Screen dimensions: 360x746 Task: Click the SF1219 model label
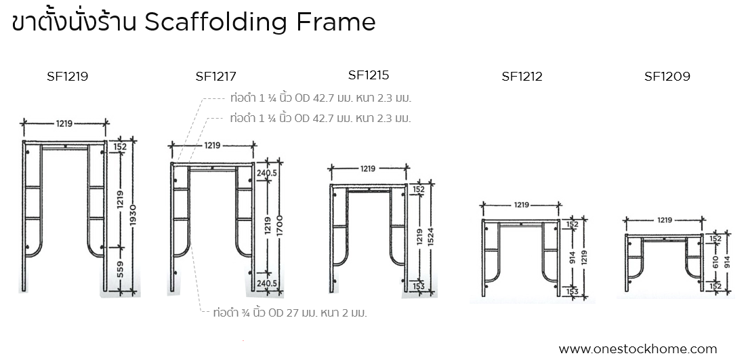point(67,77)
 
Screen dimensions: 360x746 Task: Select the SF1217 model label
point(215,77)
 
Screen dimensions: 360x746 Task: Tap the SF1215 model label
point(369,75)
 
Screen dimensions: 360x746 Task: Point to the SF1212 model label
point(522,77)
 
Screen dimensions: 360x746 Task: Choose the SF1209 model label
point(667,77)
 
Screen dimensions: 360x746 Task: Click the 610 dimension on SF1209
point(715,262)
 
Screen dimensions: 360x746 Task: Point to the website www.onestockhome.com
point(638,349)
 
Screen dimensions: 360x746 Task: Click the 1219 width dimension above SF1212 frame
point(522,204)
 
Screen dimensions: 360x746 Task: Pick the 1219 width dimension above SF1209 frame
point(665,220)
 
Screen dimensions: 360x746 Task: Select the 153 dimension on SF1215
point(418,286)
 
